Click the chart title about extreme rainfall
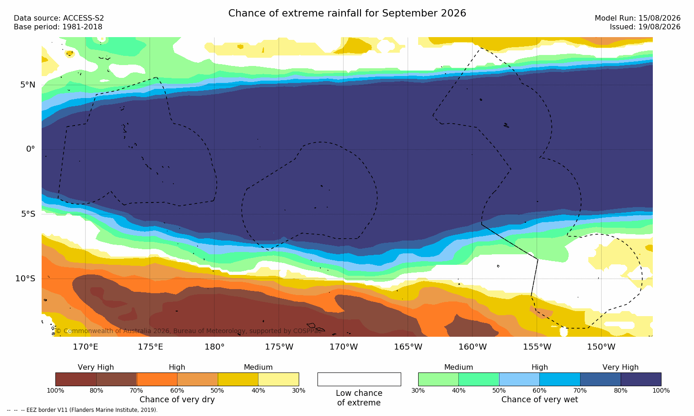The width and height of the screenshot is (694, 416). (x=347, y=13)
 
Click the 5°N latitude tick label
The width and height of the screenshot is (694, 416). (x=28, y=85)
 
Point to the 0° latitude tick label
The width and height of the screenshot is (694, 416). (x=30, y=149)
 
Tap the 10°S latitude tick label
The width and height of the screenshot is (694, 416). (x=26, y=279)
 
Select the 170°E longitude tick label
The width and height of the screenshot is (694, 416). (x=86, y=347)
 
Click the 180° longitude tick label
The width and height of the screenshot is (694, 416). (x=215, y=347)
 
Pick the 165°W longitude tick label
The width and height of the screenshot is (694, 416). (x=408, y=347)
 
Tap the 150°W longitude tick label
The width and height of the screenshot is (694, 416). (x=602, y=347)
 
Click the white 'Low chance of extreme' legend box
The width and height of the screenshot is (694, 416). (x=359, y=379)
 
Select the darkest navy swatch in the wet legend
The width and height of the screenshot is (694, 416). (x=641, y=379)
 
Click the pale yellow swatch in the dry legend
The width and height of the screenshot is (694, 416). (x=279, y=379)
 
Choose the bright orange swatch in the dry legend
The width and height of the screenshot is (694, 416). (x=157, y=379)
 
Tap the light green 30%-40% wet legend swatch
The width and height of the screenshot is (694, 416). (x=438, y=379)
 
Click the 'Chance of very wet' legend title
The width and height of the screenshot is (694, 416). (x=540, y=400)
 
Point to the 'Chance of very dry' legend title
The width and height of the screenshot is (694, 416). (x=177, y=400)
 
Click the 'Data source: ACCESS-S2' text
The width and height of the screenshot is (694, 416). (x=59, y=18)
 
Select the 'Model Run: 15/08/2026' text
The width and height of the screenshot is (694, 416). (x=638, y=18)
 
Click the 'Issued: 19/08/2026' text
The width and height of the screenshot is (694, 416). (x=645, y=27)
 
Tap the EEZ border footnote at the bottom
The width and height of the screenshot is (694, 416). (x=82, y=410)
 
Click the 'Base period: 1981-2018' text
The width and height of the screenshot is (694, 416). (x=58, y=27)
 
